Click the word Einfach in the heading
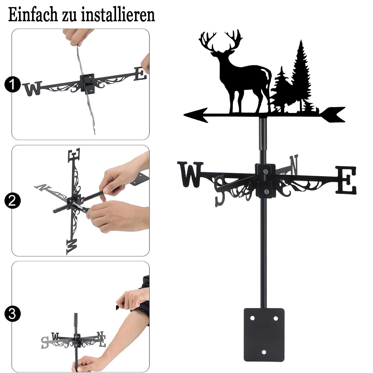coord(33,15)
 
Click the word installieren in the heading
coord(118,15)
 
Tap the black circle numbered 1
coord(13,84)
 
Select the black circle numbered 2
coord(13,201)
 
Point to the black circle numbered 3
coord(13,314)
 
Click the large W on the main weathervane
coord(190,174)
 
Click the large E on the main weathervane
coord(346,180)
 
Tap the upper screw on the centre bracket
coord(266,171)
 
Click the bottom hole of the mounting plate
coord(264,352)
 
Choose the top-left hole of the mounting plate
coord(253,318)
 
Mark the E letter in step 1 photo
coord(140,74)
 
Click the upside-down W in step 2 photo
coord(71,247)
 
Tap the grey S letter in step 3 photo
coord(45,342)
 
